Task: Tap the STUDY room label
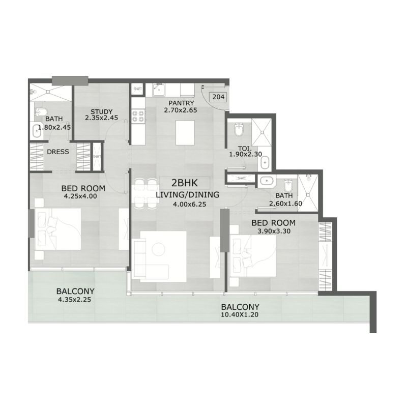[101, 112]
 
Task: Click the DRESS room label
[57, 152]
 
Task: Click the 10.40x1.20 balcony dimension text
[240, 315]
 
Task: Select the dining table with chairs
[146, 194]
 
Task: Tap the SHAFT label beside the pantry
[137, 89]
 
